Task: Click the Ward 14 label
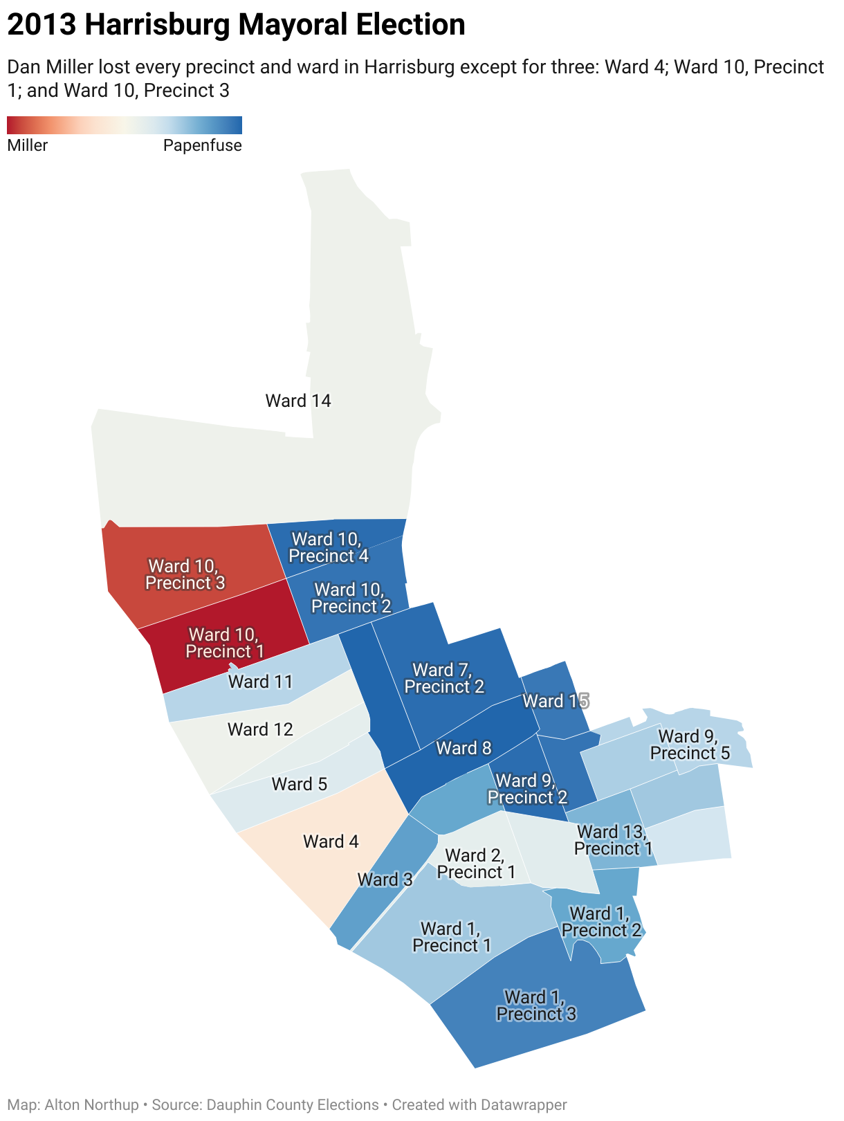pos(298,401)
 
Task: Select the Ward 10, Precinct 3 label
pos(185,574)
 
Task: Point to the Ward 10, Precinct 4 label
pos(329,547)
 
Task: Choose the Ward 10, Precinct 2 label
pos(351,598)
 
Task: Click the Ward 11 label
pos(260,682)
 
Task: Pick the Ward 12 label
pos(260,729)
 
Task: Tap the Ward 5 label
pos(299,784)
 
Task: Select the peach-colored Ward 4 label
pos(331,841)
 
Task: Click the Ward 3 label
pos(385,880)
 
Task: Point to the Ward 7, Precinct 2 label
pos(444,678)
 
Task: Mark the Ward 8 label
pos(464,748)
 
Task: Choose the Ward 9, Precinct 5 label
pos(690,745)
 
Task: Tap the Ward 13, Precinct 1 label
pos(613,840)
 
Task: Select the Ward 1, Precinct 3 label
pos(536,1005)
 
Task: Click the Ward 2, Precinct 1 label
pos(476,864)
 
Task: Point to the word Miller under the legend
pos(28,145)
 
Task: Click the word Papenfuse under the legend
pos(202,145)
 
